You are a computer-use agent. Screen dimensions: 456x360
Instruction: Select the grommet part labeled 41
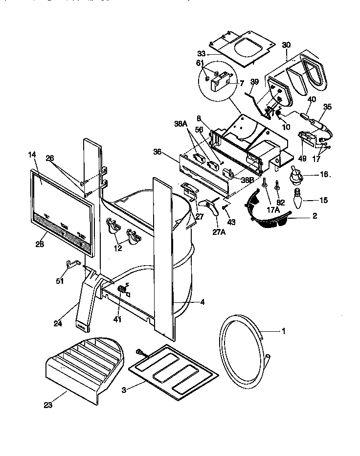coord(121,292)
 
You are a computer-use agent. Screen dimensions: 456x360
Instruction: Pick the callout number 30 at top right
coord(286,45)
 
